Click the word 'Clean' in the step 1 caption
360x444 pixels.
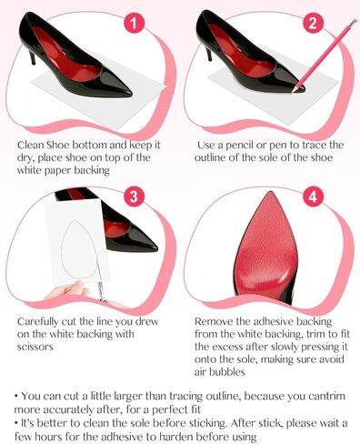[x=34, y=144]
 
